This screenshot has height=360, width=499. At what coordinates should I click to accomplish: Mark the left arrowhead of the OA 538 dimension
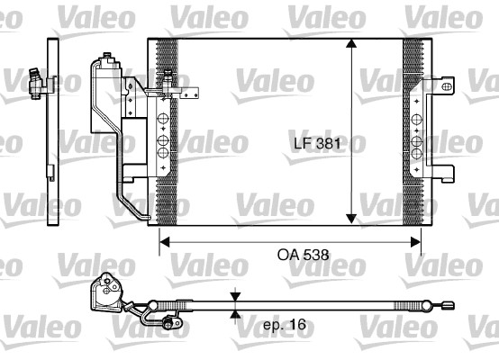(x=165, y=239)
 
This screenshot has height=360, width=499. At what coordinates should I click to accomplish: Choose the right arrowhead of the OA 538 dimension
(x=415, y=239)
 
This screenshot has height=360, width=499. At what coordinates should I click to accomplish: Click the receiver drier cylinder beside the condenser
(x=104, y=99)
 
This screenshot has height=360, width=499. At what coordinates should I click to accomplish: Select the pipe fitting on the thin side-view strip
(x=37, y=83)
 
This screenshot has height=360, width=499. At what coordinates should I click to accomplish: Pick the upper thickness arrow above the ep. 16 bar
(x=234, y=297)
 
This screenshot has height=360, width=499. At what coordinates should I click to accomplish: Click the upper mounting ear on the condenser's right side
(x=443, y=85)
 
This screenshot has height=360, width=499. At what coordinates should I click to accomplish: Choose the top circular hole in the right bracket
(x=417, y=119)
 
